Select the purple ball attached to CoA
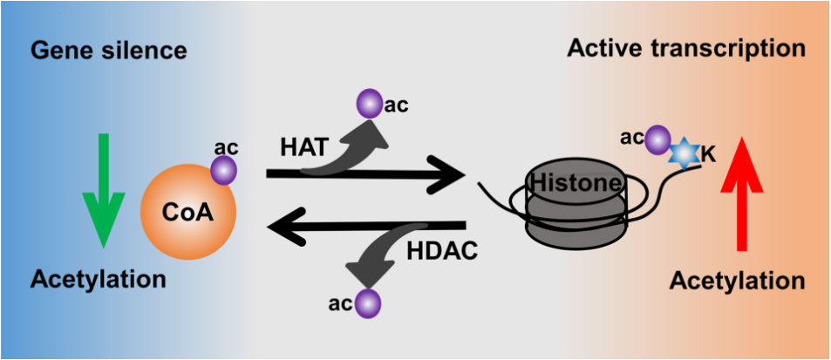[x=223, y=169]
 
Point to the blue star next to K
[x=685, y=153]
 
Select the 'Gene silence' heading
[x=109, y=51]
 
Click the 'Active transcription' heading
[x=686, y=48]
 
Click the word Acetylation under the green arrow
[x=98, y=280]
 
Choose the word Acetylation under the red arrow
[x=738, y=281]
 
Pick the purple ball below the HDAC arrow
[x=368, y=303]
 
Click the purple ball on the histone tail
[x=658, y=138]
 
